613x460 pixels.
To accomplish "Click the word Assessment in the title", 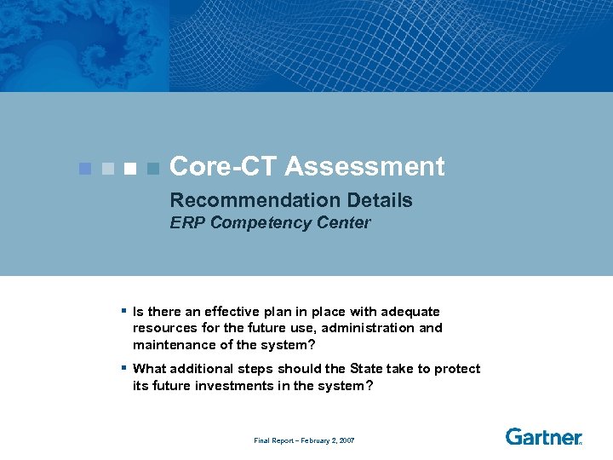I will click(x=364, y=167).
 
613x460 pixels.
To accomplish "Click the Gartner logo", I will click(x=543, y=437).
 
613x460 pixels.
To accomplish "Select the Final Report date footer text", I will click(x=304, y=440).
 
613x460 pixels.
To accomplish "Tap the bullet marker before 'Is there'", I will click(x=123, y=311).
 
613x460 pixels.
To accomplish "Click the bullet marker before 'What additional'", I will click(x=123, y=368).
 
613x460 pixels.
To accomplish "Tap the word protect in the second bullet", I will click(x=458, y=369).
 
